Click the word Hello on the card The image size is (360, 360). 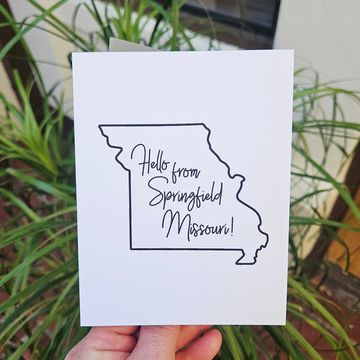151,161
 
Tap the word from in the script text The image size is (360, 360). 186,172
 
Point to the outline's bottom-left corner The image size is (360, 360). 131,249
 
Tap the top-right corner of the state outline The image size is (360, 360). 203,124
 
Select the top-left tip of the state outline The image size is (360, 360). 99,126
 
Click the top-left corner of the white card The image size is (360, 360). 74,53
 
